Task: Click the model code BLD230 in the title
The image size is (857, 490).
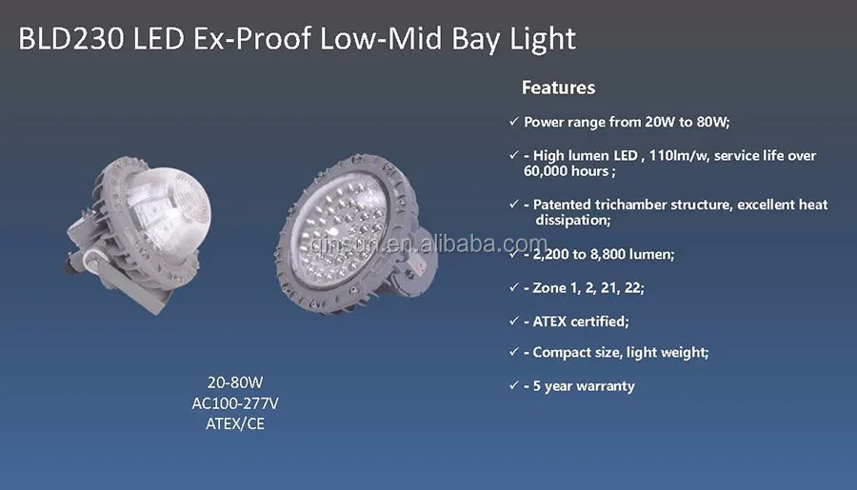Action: [x=71, y=39]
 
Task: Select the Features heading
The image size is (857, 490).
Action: [x=558, y=88]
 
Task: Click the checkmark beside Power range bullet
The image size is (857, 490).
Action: [x=514, y=121]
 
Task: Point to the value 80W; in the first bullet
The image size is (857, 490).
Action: [x=712, y=122]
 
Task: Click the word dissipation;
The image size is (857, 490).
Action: [x=573, y=220]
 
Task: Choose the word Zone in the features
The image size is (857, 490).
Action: [x=549, y=288]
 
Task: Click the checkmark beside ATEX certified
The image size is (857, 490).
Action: [x=514, y=321]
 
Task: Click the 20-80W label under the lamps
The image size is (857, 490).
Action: [x=235, y=382]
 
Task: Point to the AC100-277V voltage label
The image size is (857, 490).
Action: [x=235, y=403]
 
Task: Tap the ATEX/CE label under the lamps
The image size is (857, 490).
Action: [x=235, y=424]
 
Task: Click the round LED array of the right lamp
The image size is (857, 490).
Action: [x=340, y=232]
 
